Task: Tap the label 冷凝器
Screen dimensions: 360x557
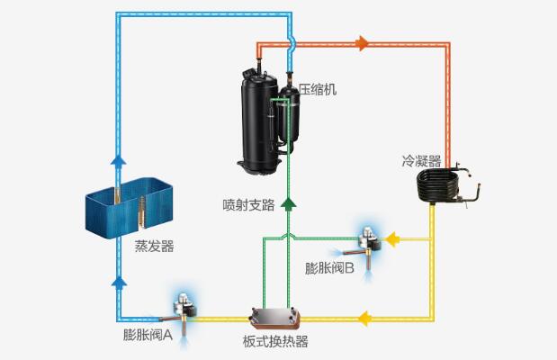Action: [x=421, y=161]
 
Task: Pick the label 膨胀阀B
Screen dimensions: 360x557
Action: [x=330, y=267]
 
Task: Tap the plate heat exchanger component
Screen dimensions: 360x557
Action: [x=274, y=316]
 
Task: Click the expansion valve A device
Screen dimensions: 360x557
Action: [x=184, y=311]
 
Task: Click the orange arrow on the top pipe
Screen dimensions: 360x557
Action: [x=363, y=43]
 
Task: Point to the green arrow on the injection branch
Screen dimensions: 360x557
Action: [x=288, y=203]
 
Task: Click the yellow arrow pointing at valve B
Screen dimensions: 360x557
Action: [x=396, y=239]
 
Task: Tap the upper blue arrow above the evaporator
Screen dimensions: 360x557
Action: [x=118, y=160]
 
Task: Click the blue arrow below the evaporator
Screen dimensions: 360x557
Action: [x=118, y=282]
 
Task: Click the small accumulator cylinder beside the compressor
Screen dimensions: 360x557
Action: [x=290, y=112]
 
